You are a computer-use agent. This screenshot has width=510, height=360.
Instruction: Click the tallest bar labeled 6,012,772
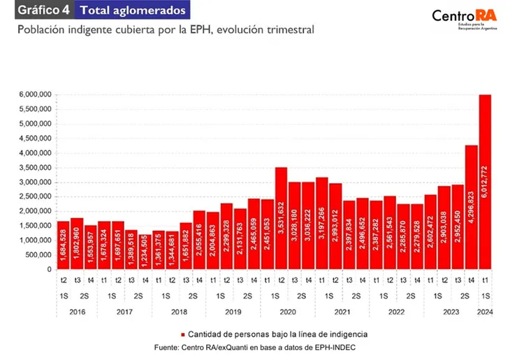pyautogui.click(x=484, y=182)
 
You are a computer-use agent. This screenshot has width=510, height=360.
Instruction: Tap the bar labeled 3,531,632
pyautogui.click(x=281, y=218)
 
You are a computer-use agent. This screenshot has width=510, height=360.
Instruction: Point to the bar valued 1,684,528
pyautogui.click(x=63, y=245)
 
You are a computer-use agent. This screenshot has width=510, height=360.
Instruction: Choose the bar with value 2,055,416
pyautogui.click(x=199, y=240)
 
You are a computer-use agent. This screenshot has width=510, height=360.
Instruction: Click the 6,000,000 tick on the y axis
pyautogui.click(x=34, y=94)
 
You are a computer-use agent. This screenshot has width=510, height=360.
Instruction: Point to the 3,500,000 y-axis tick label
pyautogui.click(x=34, y=168)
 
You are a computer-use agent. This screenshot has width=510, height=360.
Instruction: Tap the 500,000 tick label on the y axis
pyautogui.click(x=37, y=255)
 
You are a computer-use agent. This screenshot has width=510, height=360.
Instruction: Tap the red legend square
pyautogui.click(x=183, y=334)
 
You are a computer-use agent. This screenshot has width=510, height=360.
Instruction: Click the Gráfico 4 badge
pyautogui.click(x=42, y=10)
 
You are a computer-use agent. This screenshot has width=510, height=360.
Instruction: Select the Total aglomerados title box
pyautogui.click(x=133, y=10)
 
